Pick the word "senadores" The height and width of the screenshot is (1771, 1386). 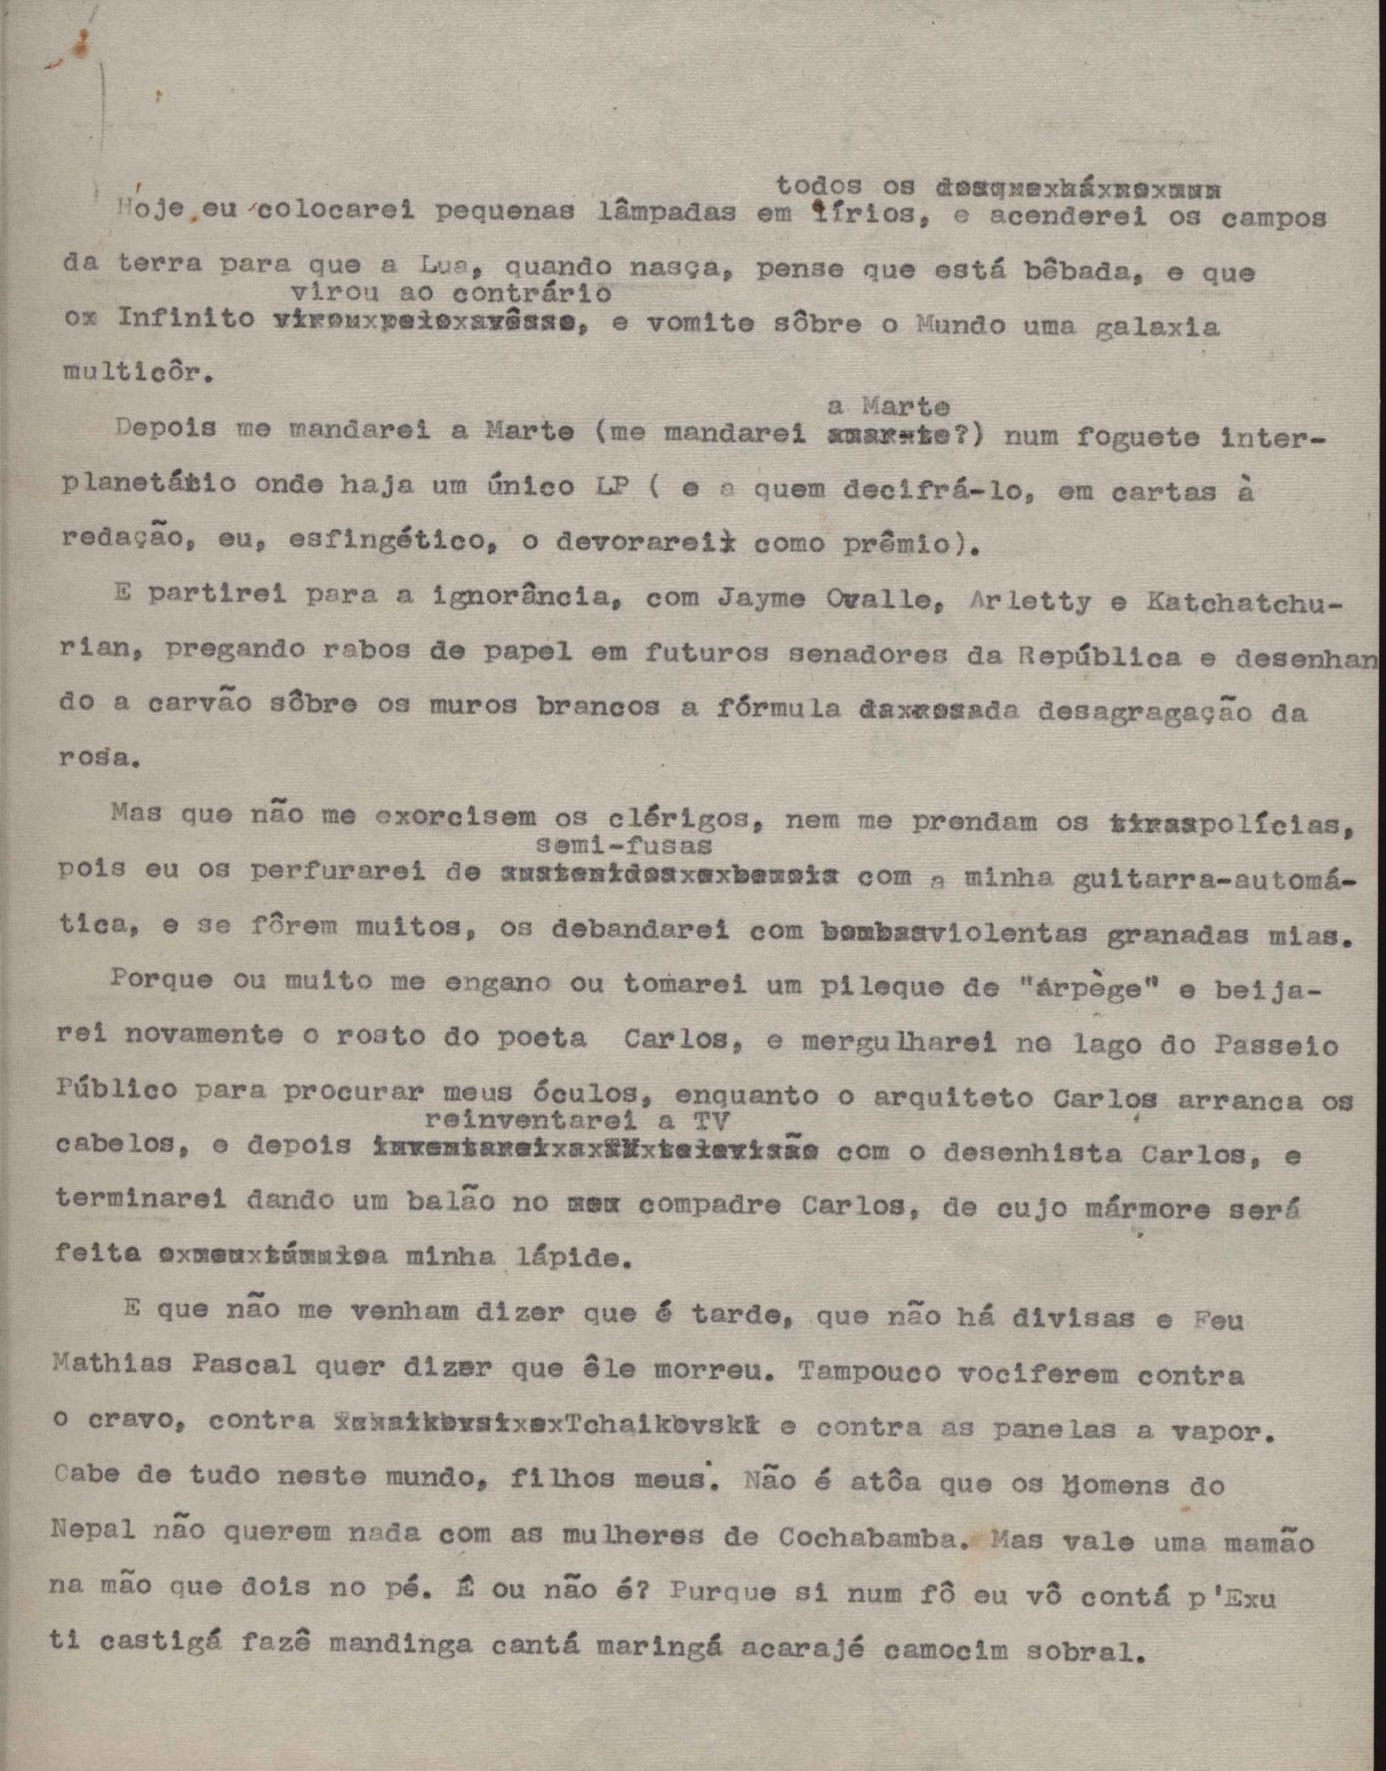tap(874, 655)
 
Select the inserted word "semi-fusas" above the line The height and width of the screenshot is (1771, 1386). tap(625, 845)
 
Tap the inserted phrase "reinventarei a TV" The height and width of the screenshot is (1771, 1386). tap(577, 1119)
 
